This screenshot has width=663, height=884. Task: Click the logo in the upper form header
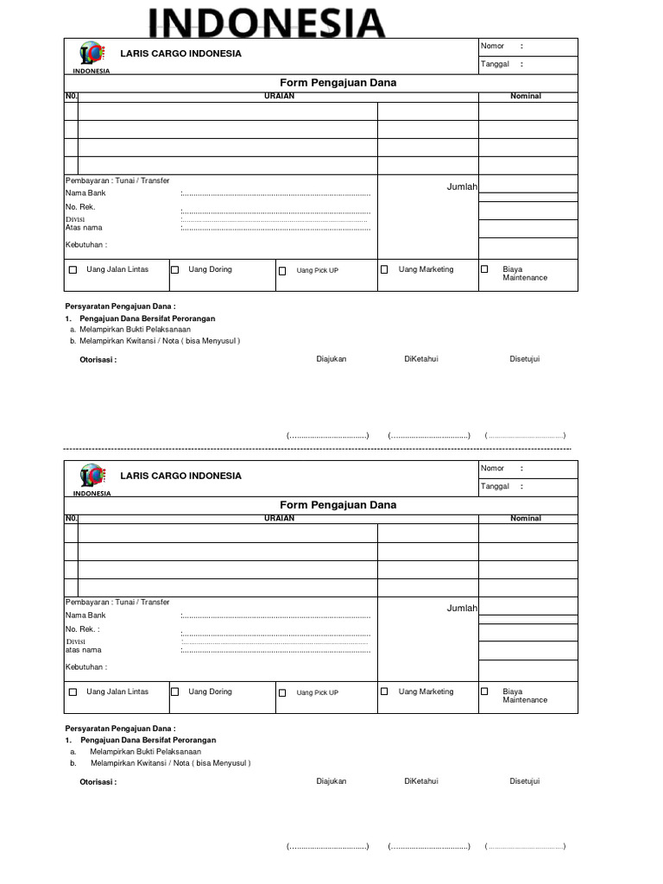pyautogui.click(x=92, y=54)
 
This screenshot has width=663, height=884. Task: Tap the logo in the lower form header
pyautogui.click(x=92, y=477)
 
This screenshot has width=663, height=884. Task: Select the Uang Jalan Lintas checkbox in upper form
pyautogui.click(x=73, y=270)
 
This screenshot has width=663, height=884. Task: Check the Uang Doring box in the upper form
pyautogui.click(x=175, y=270)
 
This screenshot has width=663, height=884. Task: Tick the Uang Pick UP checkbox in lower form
pyautogui.click(x=282, y=692)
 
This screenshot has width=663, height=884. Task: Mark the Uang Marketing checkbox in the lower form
pyautogui.click(x=384, y=691)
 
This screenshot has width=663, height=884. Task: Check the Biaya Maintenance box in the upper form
pyautogui.click(x=484, y=269)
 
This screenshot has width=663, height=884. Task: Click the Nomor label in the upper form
pyautogui.click(x=492, y=46)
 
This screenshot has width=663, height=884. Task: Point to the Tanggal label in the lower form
pyautogui.click(x=495, y=486)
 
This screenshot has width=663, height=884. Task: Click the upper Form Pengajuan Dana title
pyautogui.click(x=338, y=83)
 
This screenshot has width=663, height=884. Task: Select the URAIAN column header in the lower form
pyautogui.click(x=279, y=518)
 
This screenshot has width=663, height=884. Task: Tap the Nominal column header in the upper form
pyautogui.click(x=525, y=96)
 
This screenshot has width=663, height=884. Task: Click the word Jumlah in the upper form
pyautogui.click(x=462, y=186)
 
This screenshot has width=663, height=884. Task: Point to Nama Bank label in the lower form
pyautogui.click(x=85, y=616)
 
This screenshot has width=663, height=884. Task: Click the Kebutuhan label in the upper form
pyautogui.click(x=85, y=244)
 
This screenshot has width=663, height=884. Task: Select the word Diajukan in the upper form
pyautogui.click(x=331, y=359)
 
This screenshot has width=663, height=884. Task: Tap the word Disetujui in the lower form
pyautogui.click(x=524, y=781)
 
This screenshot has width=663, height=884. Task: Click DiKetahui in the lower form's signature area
pyautogui.click(x=421, y=781)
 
